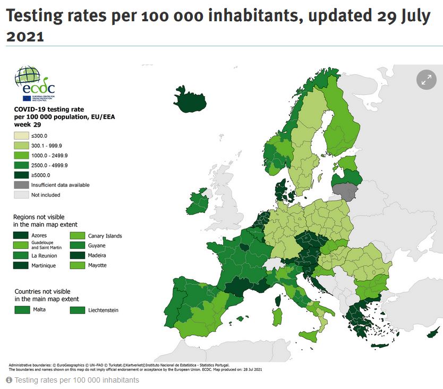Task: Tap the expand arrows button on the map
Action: point(426,80)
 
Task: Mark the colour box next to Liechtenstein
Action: point(78,309)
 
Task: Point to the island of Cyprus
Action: point(434,329)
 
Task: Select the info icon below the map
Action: point(9,380)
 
